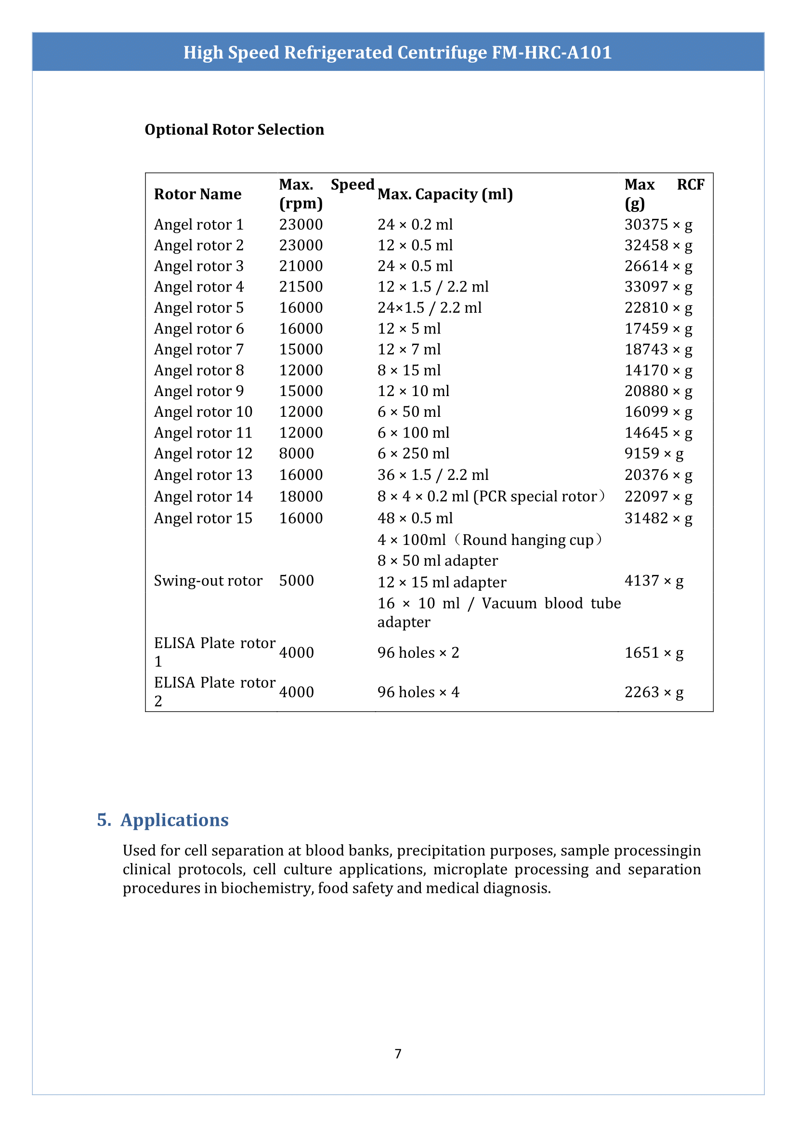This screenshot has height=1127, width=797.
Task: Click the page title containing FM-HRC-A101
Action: click(397, 52)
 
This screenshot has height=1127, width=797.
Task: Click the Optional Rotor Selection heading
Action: click(234, 130)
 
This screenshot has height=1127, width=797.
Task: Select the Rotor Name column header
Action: click(197, 194)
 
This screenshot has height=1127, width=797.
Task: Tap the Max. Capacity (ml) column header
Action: click(444, 194)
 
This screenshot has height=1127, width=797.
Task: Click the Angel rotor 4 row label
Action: click(199, 287)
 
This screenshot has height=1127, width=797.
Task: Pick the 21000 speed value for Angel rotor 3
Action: click(301, 266)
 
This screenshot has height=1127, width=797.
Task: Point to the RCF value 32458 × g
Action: click(658, 245)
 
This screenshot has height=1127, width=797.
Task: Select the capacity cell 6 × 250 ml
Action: click(413, 453)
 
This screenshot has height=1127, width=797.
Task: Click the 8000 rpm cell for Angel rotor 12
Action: click(297, 453)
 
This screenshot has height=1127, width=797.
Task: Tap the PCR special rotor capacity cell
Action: click(491, 496)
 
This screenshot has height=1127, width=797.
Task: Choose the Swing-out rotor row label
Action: click(208, 581)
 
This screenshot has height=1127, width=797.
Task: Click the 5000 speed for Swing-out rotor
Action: click(297, 581)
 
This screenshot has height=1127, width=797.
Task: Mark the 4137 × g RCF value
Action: click(653, 581)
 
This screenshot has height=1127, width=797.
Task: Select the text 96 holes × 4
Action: click(418, 692)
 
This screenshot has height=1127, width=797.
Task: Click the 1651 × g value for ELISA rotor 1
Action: click(653, 652)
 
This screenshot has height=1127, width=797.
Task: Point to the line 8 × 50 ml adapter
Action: click(437, 560)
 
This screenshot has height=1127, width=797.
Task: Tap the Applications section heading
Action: click(174, 820)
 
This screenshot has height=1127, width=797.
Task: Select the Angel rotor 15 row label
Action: click(203, 518)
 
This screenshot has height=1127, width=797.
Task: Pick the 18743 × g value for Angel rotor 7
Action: click(658, 349)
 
